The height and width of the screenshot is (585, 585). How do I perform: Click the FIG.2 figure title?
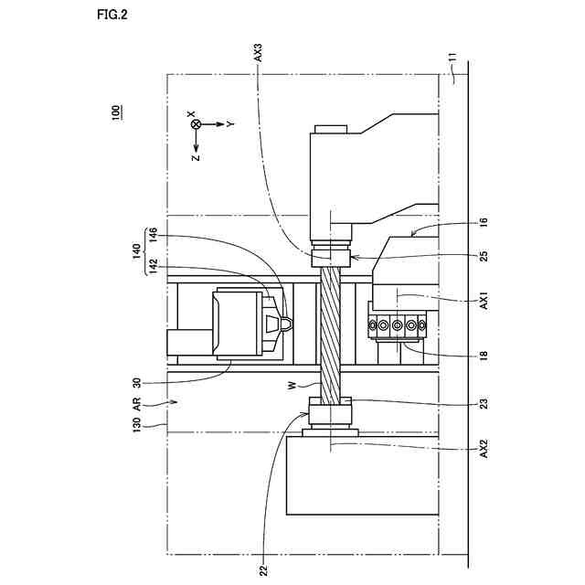coord(112,15)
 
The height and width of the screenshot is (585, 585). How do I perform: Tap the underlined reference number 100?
coord(117,113)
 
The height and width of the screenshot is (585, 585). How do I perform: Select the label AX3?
coord(258,53)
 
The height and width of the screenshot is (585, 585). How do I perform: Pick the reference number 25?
coord(484,256)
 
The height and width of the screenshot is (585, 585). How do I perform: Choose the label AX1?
coord(484,301)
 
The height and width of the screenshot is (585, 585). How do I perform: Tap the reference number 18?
coord(484,355)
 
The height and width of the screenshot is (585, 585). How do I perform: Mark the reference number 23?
coord(484,403)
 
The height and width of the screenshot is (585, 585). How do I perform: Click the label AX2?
coord(484,449)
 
